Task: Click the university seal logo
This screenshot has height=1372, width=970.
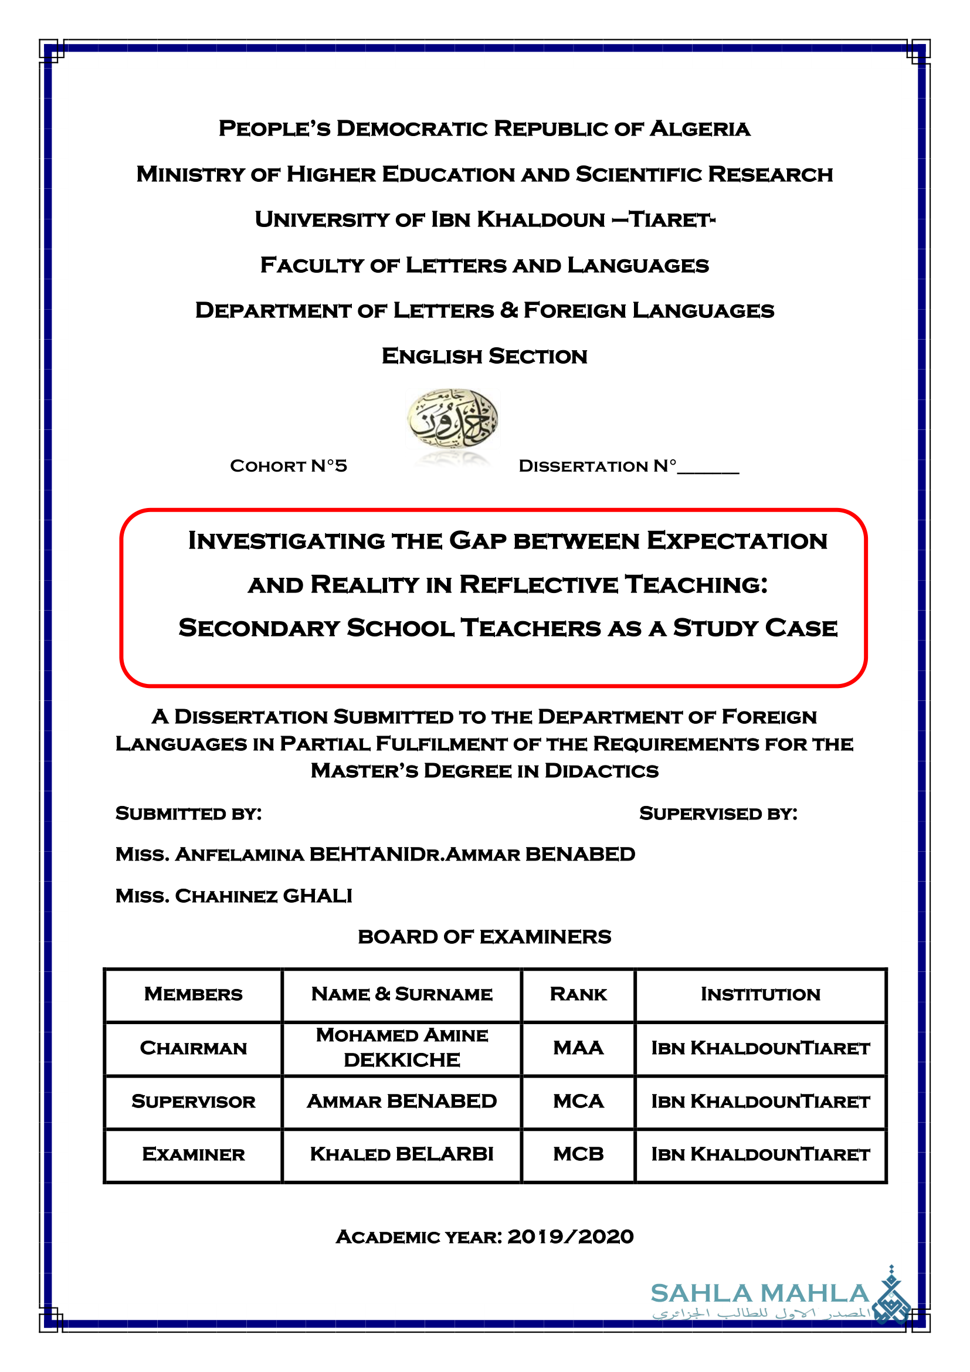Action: tap(453, 419)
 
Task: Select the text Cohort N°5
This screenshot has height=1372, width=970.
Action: tap(289, 466)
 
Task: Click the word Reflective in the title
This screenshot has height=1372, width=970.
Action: tap(538, 584)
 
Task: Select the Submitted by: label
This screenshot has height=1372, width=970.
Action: tap(188, 814)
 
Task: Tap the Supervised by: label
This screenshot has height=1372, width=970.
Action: tap(718, 814)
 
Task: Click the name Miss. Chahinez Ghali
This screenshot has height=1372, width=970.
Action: tap(233, 896)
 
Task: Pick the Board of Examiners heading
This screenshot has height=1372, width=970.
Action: tap(484, 936)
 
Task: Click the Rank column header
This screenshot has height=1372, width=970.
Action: tap(578, 994)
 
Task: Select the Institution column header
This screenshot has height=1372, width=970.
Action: tap(761, 994)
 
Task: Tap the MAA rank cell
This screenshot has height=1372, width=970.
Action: tap(578, 1048)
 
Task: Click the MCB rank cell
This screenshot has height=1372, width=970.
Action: tap(578, 1154)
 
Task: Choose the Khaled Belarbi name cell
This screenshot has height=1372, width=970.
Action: tap(401, 1154)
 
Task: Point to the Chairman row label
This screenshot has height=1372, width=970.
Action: tap(193, 1048)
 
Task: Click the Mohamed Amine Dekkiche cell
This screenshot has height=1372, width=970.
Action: tap(401, 1048)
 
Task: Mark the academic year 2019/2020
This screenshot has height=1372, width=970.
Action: tap(570, 1236)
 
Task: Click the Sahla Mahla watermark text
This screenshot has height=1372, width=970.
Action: tap(759, 1294)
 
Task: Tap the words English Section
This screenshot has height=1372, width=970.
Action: tap(484, 356)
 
